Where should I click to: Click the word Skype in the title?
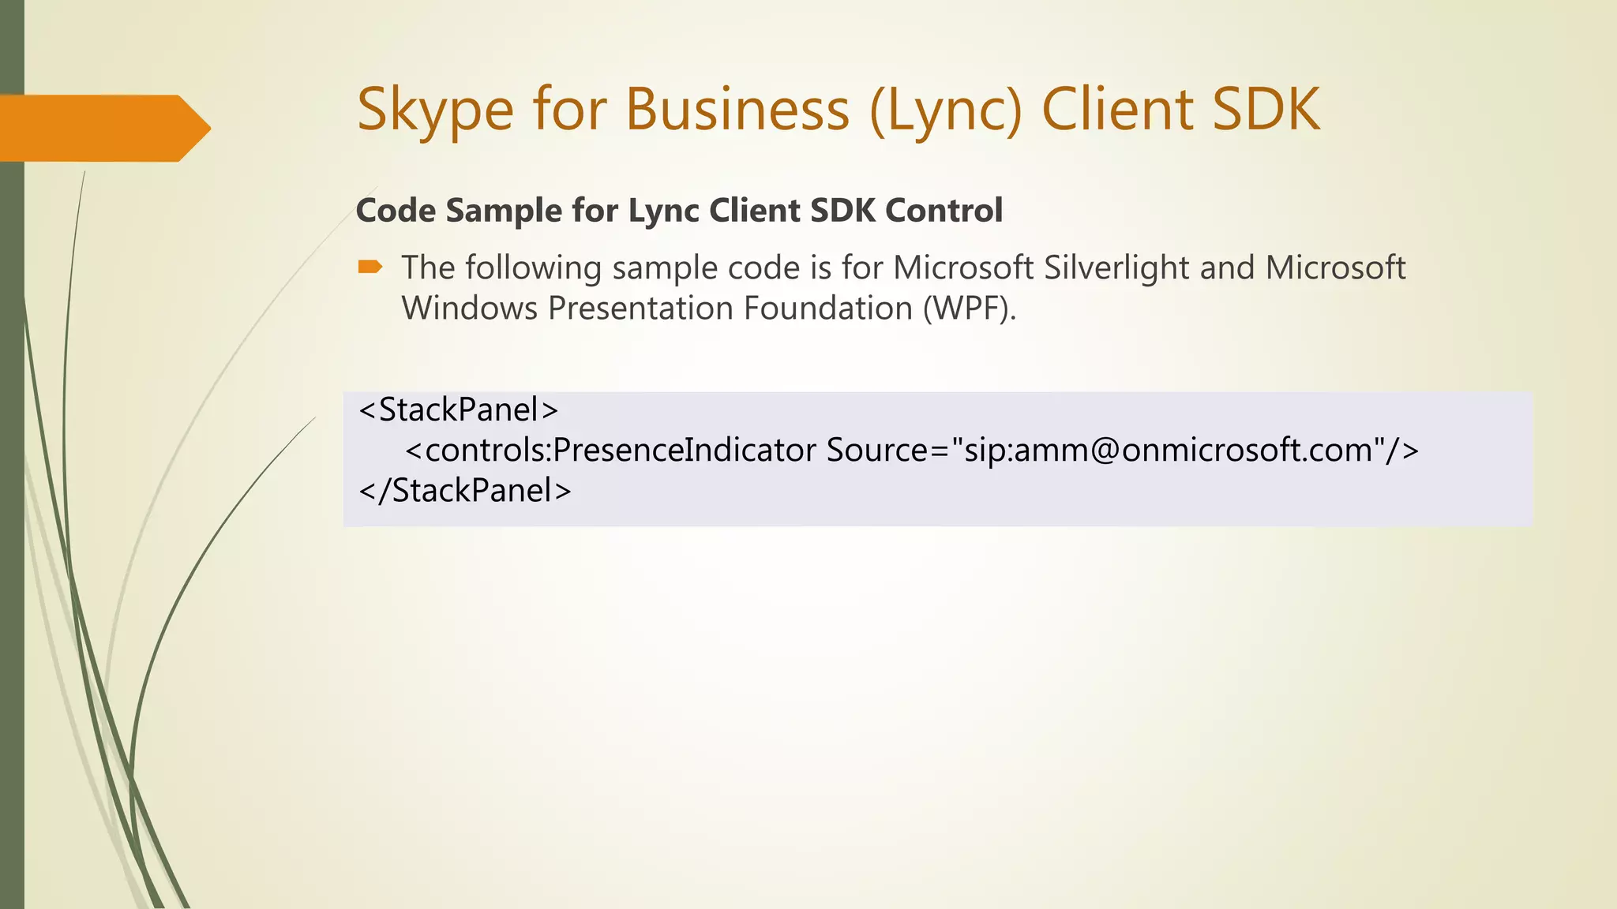(435, 110)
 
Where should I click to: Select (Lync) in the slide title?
(946, 110)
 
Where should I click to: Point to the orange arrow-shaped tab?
(103, 128)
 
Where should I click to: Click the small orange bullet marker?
(370, 267)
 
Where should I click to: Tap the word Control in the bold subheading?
(944, 210)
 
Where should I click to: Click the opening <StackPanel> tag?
(459, 410)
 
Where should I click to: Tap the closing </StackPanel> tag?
(465, 490)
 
